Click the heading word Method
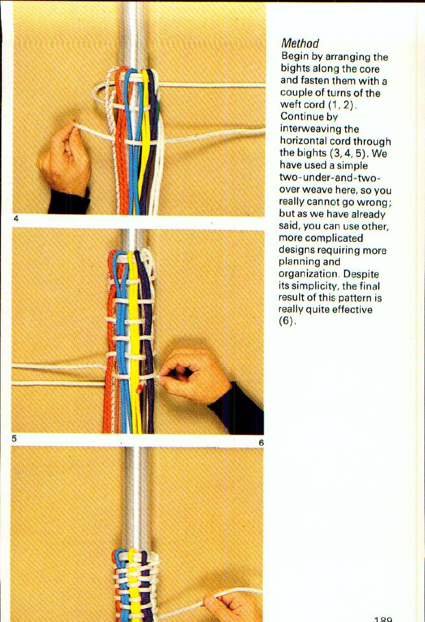point(300,45)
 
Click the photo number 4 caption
point(16,219)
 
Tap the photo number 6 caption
point(261,443)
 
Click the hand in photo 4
point(66,157)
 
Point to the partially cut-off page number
point(383,619)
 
